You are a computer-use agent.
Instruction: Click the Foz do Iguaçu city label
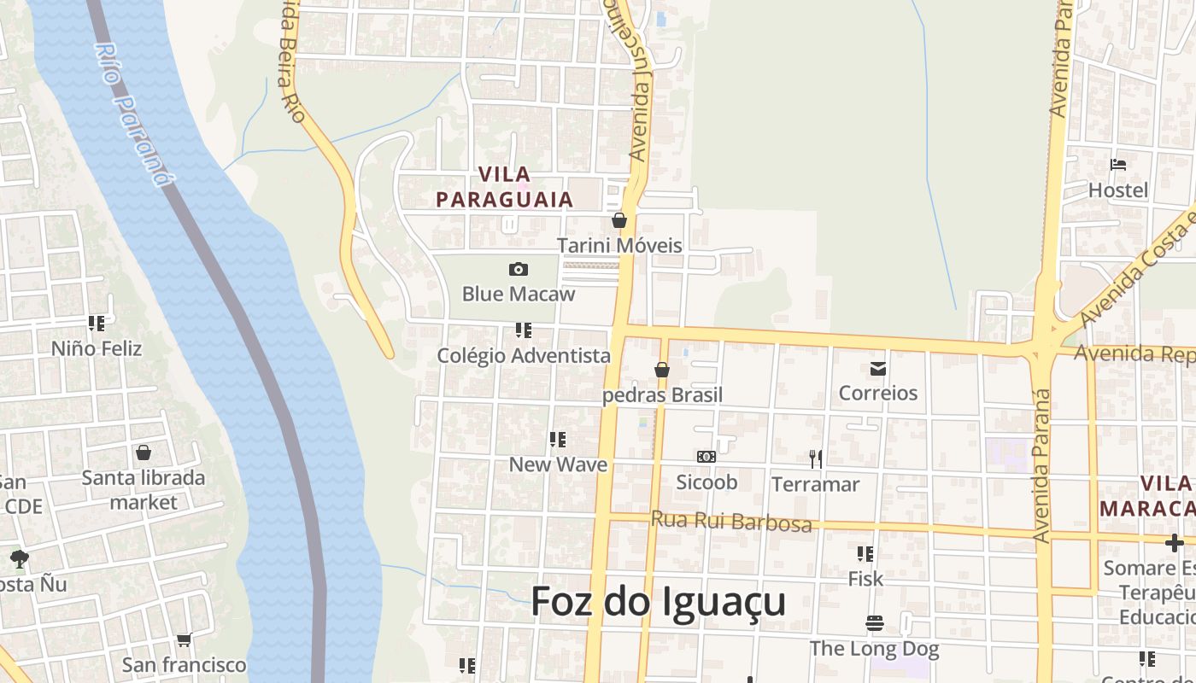[658, 602]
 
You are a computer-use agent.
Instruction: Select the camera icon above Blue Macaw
[519, 270]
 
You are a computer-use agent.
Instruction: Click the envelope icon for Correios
[878, 369]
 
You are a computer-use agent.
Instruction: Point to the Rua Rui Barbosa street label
[731, 521]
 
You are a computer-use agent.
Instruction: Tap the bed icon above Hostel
[1118, 165]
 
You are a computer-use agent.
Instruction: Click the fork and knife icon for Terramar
[816, 459]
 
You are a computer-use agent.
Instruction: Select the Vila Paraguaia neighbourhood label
[504, 187]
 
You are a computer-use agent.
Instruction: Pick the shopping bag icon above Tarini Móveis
[619, 220]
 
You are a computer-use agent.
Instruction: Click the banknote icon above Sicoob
[706, 457]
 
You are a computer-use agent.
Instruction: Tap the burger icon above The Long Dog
[874, 623]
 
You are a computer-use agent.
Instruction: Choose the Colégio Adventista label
[524, 355]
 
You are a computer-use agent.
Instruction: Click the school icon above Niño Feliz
[97, 324]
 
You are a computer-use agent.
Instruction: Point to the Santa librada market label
[144, 489]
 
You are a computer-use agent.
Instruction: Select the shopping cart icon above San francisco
[184, 639]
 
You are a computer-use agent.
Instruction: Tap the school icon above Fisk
[865, 554]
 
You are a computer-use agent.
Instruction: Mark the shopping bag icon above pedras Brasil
[662, 370]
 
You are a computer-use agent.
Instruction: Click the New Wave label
[558, 464]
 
